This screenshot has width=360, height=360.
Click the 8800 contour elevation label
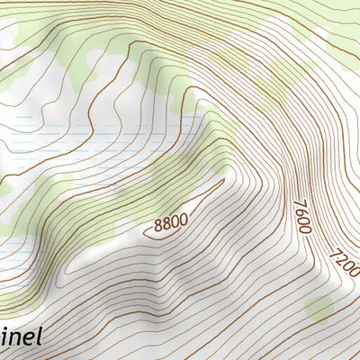171,221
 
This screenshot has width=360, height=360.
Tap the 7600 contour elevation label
301,217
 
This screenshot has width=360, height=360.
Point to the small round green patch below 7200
319,309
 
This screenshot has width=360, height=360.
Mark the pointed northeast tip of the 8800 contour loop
222,180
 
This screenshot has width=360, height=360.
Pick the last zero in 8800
184,216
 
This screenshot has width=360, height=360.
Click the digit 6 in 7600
301,212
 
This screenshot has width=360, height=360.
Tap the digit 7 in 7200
336,255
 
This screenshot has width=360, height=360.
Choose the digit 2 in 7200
339,262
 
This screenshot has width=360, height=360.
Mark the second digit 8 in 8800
167,223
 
